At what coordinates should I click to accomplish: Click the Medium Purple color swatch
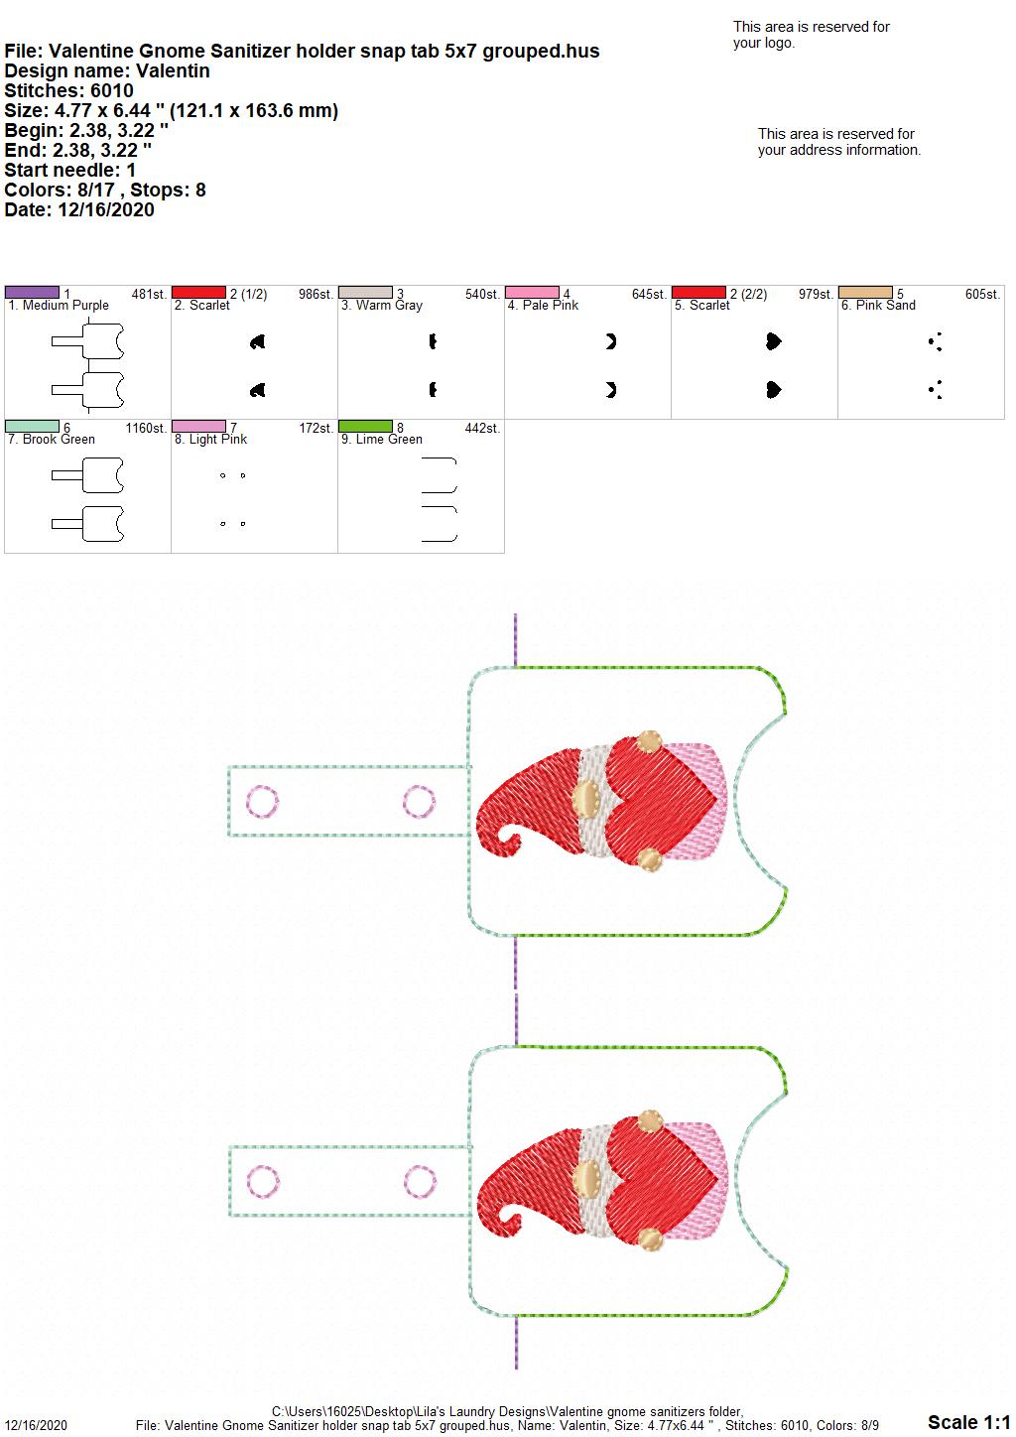pyautogui.click(x=32, y=293)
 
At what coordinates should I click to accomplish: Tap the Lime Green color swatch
pyautogui.click(x=365, y=426)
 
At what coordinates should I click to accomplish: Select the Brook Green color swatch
pyautogui.click(x=32, y=426)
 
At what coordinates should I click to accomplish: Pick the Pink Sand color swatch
pyautogui.click(x=865, y=293)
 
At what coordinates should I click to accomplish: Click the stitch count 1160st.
pyautogui.click(x=146, y=428)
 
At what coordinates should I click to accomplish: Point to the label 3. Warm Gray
pyautogui.click(x=382, y=306)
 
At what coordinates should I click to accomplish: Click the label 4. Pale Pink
pyautogui.click(x=543, y=306)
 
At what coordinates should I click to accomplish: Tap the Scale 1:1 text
pyautogui.click(x=968, y=1421)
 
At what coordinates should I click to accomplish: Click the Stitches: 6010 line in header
pyautogui.click(x=68, y=90)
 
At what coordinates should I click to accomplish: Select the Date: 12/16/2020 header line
pyautogui.click(x=79, y=209)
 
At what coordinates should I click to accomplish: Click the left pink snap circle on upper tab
pyautogui.click(x=262, y=801)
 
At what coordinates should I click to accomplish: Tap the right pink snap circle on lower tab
pyautogui.click(x=420, y=1182)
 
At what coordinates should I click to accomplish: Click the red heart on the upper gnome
pyautogui.click(x=661, y=801)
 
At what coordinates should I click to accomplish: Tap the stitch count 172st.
pyautogui.click(x=316, y=428)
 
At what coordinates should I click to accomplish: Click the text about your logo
pyautogui.click(x=811, y=35)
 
